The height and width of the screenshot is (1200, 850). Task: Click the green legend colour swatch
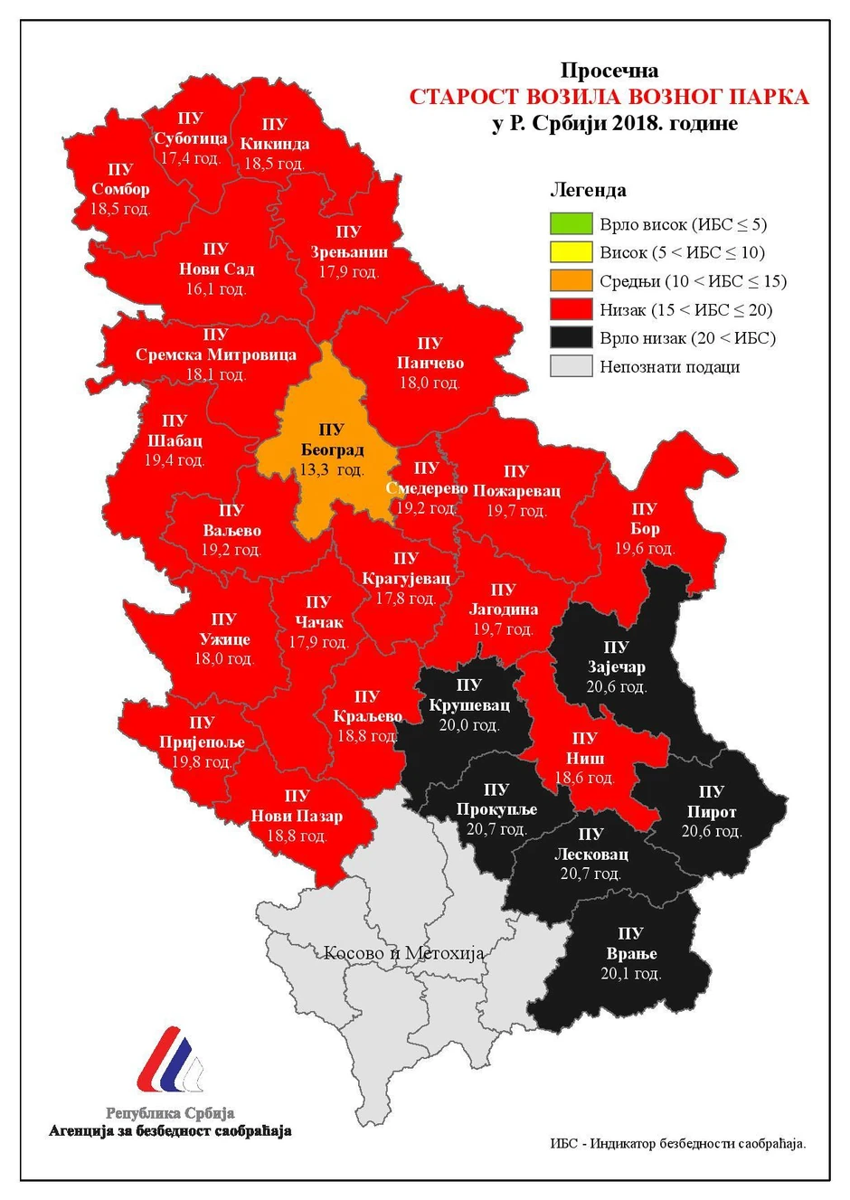coord(571,223)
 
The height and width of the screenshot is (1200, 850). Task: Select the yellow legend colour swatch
coord(571,252)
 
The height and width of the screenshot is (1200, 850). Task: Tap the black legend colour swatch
coord(571,338)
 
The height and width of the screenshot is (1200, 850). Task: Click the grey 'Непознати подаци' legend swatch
coord(571,366)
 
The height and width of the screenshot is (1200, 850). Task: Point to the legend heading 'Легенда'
coord(588,190)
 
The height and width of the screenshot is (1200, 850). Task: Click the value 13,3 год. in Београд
coord(332,469)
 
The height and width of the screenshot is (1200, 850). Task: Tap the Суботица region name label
coord(191,138)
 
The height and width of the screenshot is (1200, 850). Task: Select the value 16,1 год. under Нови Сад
coord(216,289)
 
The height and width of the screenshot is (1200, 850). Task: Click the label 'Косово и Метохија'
coord(403,953)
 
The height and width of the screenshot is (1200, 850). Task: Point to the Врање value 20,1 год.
coord(631,974)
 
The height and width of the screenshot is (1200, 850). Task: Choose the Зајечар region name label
coord(617,667)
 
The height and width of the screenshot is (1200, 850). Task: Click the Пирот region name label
coord(712,812)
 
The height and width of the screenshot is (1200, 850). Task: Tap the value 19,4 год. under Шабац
coord(175,460)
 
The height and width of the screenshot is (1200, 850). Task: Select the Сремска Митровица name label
coord(216,354)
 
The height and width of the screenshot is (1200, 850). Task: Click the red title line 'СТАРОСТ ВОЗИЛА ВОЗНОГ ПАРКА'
coord(609,97)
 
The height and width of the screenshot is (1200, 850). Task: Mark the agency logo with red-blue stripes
coord(170,1060)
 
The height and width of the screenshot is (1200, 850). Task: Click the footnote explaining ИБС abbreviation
coord(677,1143)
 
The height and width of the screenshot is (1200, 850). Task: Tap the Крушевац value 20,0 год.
coord(469,725)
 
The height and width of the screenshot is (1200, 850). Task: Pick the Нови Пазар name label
coord(297,816)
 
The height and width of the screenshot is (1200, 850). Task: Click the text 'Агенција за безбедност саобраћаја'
coord(170,1131)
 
